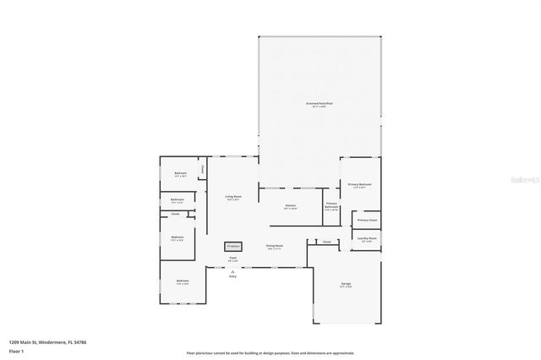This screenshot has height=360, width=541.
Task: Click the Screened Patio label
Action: coord(319,104)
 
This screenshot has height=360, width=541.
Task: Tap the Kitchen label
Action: coord(290,205)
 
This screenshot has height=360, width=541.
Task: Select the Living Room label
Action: coord(233,197)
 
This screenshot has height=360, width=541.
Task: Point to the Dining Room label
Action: coord(275,246)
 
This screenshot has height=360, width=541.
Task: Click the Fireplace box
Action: coord(232,247)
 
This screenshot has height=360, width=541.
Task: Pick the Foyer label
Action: coord(232,259)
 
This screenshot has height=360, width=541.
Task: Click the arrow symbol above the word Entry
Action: coord(232,270)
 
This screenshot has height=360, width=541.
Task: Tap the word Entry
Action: coord(232,276)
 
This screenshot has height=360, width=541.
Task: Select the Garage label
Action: coord(346,284)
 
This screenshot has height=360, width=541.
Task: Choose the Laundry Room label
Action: coord(366,238)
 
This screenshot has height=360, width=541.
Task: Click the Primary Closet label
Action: coord(367,220)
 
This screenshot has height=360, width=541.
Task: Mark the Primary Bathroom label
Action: coord(331,205)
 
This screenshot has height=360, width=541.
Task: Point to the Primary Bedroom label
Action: coord(359,184)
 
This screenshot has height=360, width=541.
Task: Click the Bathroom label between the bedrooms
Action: coord(178,200)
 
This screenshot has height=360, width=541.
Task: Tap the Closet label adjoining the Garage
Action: coord(326,242)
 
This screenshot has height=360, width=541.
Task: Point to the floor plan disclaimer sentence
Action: coord(270,353)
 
